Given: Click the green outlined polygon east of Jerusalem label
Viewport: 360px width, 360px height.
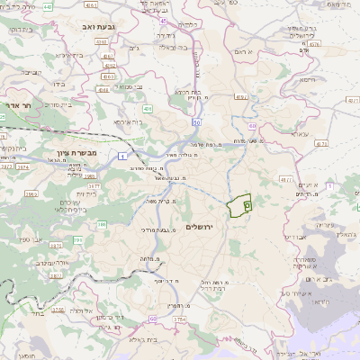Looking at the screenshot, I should pos(239,207).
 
